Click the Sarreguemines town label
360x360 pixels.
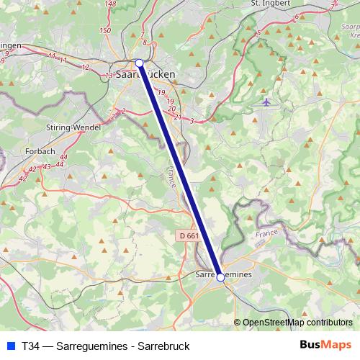point(224,275)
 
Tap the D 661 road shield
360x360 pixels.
point(187,235)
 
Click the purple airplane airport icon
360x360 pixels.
point(267,102)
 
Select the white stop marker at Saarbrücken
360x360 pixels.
point(140,63)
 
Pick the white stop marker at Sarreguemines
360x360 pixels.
point(220,277)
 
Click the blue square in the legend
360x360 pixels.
point(9,346)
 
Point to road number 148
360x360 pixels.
point(110,4)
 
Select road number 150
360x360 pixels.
point(105,30)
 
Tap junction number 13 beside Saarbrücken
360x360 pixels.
point(109,75)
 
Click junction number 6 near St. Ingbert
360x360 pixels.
point(297,15)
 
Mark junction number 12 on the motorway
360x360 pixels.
point(86,67)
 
